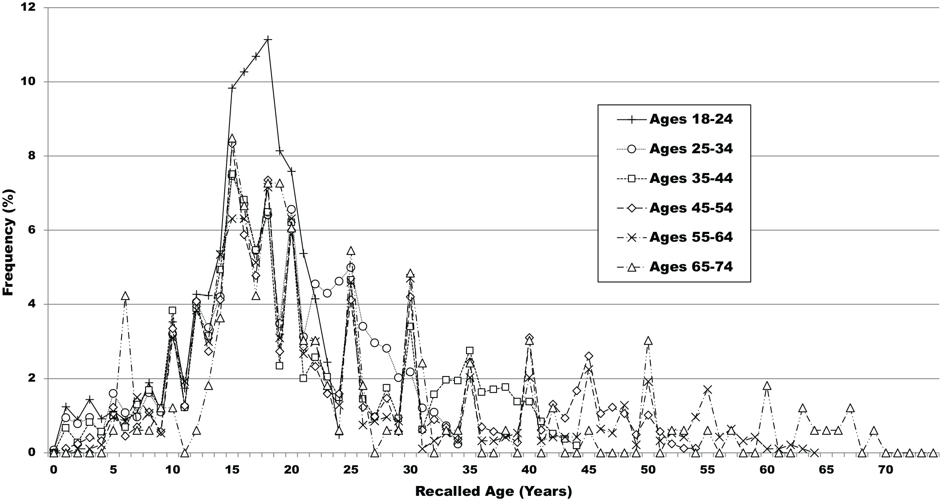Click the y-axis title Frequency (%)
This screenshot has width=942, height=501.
9,243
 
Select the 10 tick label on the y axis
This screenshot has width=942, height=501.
29,82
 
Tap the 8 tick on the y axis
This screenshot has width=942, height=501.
33,156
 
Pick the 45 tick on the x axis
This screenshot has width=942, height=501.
588,470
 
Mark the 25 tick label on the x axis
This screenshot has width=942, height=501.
351,470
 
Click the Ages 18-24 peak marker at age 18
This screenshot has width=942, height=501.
268,39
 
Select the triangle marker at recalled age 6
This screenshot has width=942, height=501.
125,296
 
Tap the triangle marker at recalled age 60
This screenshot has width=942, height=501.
767,386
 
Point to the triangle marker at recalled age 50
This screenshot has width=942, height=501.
648,341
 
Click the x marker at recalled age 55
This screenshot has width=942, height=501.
707,390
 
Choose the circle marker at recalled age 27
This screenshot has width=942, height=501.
375,343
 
